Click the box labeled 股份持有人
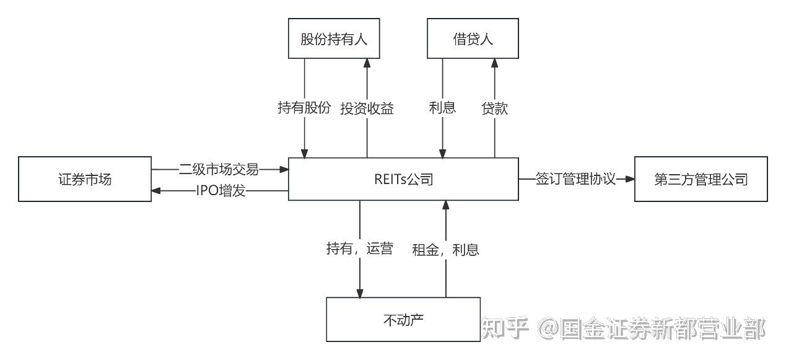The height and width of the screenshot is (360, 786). (334, 38)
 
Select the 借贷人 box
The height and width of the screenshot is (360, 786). (473, 38)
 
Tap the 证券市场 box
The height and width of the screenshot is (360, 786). (85, 179)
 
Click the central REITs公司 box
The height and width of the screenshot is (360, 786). (403, 179)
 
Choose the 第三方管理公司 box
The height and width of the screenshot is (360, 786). (701, 179)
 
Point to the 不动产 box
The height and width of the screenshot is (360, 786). (403, 320)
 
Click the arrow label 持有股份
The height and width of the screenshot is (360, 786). (304, 108)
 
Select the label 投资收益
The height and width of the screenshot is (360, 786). (367, 108)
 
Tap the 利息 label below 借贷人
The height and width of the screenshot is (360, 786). (442, 108)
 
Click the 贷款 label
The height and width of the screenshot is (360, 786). (494, 108)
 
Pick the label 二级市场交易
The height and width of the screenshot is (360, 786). (219, 168)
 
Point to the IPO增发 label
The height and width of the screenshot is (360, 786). (221, 191)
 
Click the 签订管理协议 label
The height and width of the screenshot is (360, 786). (575, 179)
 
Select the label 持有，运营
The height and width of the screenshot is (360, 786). (359, 249)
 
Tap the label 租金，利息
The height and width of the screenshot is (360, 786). (445, 249)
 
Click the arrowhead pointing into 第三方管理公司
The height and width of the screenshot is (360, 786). (630, 179)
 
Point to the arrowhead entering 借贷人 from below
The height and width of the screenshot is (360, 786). (494, 63)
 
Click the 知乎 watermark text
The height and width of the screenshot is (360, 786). (505, 328)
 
